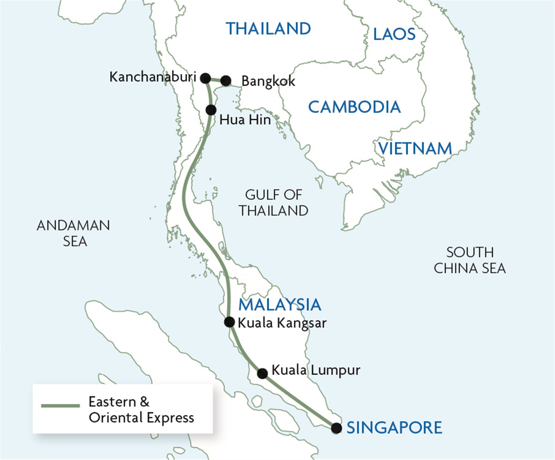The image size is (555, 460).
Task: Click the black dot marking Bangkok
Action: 226,81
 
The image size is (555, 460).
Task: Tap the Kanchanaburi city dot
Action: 206,78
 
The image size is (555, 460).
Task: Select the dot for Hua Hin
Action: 211,110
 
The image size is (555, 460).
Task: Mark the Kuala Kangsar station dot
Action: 230,322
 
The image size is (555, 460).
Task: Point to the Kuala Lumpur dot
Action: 262,373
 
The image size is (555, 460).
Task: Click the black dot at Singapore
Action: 336,428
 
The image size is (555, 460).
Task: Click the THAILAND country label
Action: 268,29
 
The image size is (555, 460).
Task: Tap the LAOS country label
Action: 394,34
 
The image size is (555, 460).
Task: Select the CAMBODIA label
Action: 354,107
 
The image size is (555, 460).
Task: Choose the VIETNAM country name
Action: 415,149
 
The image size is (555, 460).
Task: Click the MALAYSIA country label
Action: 280,304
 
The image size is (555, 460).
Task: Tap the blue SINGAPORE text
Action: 394,427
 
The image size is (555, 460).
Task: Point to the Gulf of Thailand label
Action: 273,203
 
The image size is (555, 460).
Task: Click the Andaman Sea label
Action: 73,233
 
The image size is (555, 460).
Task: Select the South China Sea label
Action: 469,260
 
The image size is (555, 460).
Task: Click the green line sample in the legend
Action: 60,406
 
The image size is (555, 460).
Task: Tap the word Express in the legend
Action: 170,417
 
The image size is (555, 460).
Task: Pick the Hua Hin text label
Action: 245,120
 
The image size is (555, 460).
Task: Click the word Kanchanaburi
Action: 153,77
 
